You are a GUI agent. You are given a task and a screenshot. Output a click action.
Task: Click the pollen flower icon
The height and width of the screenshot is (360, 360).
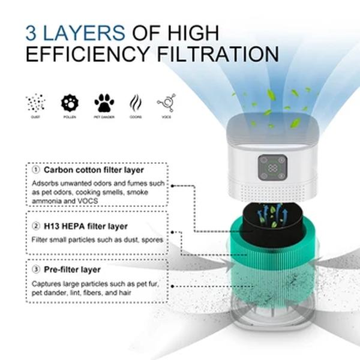[x=70, y=103]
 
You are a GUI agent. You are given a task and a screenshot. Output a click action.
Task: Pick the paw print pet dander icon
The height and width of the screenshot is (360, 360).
[x=104, y=103]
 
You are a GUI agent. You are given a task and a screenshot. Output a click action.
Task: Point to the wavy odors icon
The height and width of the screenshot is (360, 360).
[x=136, y=103]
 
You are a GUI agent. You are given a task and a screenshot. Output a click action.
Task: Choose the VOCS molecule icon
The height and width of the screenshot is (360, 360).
[x=166, y=103]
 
